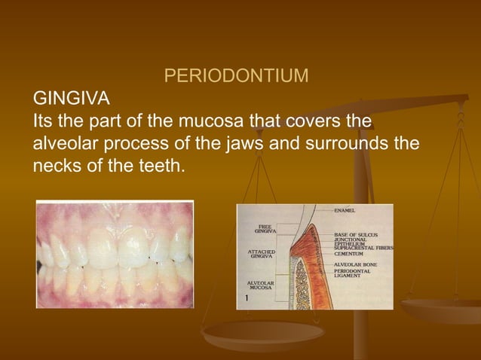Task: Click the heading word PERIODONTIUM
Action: (x=236, y=77)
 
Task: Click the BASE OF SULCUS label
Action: (x=358, y=235)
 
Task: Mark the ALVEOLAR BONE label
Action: (x=356, y=265)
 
